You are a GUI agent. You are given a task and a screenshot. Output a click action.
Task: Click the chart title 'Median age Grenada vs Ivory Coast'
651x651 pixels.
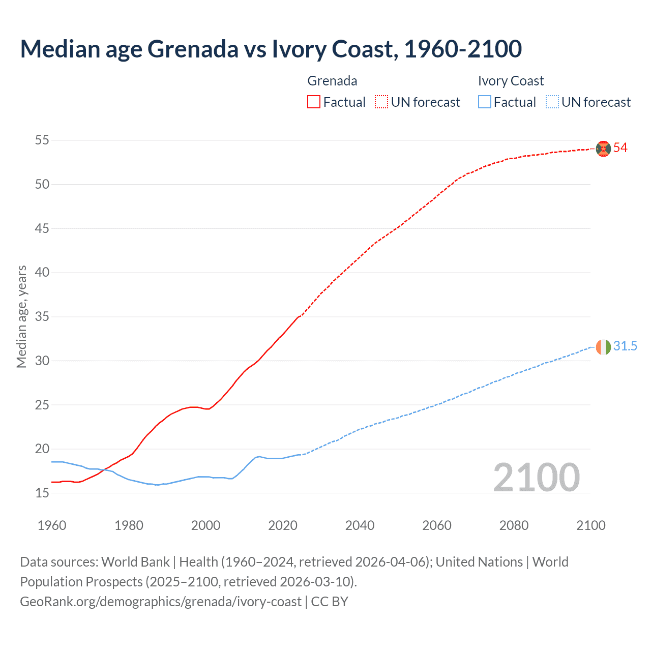[271, 49]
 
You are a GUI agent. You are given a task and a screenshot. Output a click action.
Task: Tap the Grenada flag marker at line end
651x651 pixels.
[603, 148]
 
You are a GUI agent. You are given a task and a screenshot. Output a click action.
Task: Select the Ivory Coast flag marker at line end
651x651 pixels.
[603, 347]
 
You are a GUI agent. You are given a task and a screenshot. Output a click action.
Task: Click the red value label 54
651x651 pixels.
[620, 148]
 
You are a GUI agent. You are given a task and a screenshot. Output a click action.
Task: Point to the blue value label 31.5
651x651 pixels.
[625, 346]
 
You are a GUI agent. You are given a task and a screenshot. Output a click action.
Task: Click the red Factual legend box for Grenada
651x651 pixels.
[314, 102]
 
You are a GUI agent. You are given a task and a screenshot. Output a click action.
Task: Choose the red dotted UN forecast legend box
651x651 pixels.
[381, 102]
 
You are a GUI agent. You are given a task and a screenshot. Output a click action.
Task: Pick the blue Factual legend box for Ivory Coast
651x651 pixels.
[485, 102]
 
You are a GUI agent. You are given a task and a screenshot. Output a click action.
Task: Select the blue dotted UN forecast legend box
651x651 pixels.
[552, 102]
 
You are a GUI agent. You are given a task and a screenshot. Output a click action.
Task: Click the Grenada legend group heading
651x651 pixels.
[332, 81]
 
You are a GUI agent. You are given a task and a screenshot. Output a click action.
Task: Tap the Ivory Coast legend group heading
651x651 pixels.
[511, 81]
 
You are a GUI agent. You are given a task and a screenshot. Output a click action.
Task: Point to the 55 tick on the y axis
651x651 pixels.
[42, 140]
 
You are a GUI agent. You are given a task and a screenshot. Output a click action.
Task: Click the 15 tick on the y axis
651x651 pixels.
[42, 493]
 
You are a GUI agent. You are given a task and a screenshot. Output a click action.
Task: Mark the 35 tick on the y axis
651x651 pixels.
[42, 316]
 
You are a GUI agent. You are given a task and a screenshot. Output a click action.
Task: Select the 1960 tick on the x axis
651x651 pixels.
[52, 525]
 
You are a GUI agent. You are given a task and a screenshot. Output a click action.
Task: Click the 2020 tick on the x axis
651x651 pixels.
[283, 525]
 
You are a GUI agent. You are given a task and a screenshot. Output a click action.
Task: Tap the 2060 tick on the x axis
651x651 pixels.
[437, 525]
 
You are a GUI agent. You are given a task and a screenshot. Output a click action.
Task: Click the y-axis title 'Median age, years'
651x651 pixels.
[21, 316]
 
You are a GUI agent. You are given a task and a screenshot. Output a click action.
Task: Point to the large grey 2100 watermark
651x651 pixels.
[536, 478]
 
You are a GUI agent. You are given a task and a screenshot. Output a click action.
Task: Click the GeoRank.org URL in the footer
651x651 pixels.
[161, 602]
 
